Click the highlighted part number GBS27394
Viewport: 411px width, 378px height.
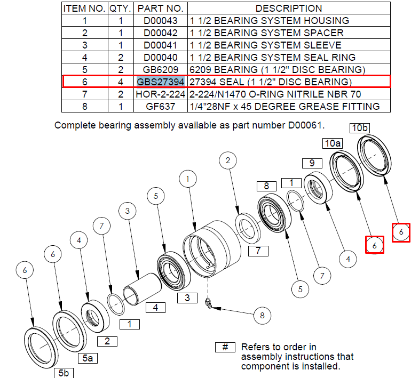tap(161, 82)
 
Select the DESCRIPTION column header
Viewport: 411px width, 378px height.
tap(289, 9)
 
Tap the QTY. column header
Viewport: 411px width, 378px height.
tap(120, 9)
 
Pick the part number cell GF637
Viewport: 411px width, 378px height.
tap(161, 107)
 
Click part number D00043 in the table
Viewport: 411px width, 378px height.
tap(161, 21)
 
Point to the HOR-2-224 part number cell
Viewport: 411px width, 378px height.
tap(161, 94)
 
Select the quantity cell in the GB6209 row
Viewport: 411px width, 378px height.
tap(121, 70)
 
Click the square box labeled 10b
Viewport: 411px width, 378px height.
tap(360, 128)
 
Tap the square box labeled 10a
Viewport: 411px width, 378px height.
tap(333, 143)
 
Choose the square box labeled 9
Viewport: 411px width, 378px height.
tap(312, 163)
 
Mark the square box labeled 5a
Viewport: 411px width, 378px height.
tap(88, 358)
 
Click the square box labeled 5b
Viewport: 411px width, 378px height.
tap(64, 373)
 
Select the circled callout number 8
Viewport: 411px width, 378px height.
tap(263, 316)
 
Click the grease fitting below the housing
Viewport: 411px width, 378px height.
tap(208, 303)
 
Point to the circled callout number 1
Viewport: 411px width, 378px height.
tap(188, 179)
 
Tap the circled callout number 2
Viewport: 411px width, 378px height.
tap(228, 160)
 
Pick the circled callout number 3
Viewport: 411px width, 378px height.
tap(128, 211)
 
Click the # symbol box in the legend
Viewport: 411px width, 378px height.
tap(225, 348)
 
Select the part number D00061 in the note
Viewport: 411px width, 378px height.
tap(305, 125)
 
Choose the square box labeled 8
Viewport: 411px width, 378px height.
tap(266, 186)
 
